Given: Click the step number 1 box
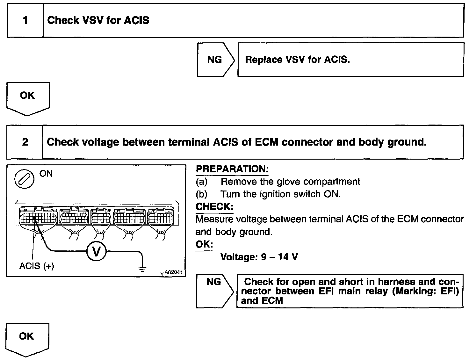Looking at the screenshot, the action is tap(25, 21).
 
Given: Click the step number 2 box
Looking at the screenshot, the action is tap(25, 142).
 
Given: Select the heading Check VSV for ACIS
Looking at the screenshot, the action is tap(98, 20).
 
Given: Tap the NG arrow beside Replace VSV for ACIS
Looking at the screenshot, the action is tap(215, 60).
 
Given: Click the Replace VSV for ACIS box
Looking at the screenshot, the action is tap(350, 60).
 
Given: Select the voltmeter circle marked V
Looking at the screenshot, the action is tap(96, 252).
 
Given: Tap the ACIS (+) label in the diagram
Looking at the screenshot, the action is tap(37, 266).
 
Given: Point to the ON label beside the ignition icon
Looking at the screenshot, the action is tap(46, 174).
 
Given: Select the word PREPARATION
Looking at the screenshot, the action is tap(232, 169).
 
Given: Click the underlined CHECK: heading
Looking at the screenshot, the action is tap(214, 207).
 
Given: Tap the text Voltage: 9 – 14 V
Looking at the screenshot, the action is tap(259, 257).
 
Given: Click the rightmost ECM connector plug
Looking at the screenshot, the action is tap(161, 218).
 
